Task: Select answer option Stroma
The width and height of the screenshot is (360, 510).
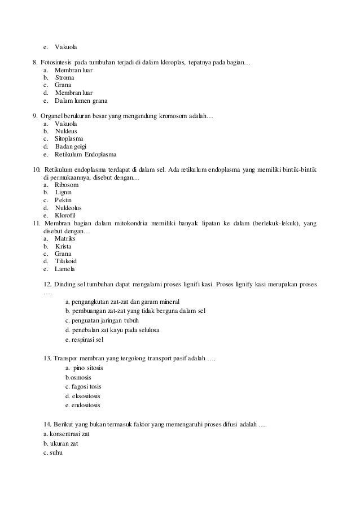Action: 64,77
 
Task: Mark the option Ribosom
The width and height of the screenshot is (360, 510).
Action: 67,185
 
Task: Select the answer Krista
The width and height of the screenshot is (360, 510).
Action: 63,246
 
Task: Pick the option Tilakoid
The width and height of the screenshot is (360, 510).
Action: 66,261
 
